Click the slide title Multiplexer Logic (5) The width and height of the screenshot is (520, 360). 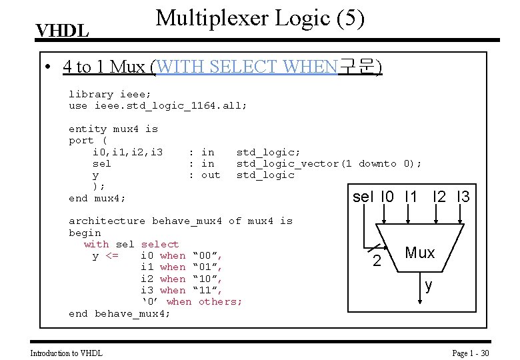click(259, 18)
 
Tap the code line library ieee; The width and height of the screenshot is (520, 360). click(110, 94)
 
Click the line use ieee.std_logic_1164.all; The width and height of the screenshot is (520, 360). click(158, 105)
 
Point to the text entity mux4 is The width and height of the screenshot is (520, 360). click(113, 129)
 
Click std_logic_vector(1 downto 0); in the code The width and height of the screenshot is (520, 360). click(329, 163)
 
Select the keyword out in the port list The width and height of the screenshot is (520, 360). click(210, 175)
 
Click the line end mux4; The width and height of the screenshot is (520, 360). click(97, 198)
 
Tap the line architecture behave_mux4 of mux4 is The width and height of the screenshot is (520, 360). click(181, 221)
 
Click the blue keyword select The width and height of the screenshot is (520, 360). click(160, 244)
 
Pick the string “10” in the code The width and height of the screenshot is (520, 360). click(207, 279)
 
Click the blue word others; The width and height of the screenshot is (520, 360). click(221, 301)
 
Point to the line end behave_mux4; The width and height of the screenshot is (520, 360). click(119, 313)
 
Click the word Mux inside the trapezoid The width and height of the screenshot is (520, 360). click(419, 253)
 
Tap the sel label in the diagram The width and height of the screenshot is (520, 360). click(363, 197)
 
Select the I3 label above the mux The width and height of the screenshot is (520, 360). click(463, 197)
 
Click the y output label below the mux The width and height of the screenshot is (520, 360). click(429, 286)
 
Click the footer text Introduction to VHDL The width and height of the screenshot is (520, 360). click(67, 353)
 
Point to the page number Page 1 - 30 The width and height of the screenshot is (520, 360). click(471, 353)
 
